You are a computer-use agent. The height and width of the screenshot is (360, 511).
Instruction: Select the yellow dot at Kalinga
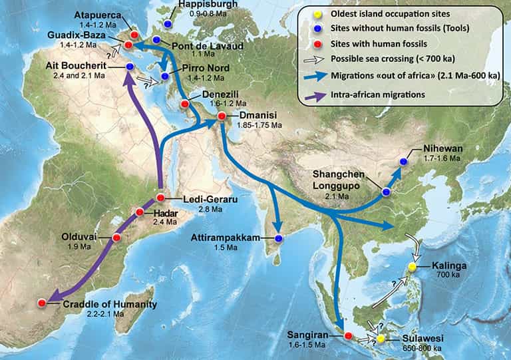tap(412, 268)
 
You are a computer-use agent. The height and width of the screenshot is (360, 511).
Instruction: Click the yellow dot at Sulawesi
tap(380, 339)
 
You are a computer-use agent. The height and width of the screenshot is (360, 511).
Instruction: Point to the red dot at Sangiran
tap(348, 335)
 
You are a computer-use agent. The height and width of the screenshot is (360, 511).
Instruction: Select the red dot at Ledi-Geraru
tap(160, 198)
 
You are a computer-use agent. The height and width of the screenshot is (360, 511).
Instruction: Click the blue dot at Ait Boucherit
tap(129, 67)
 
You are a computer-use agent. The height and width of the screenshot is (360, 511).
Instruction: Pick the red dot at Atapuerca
tap(134, 35)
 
